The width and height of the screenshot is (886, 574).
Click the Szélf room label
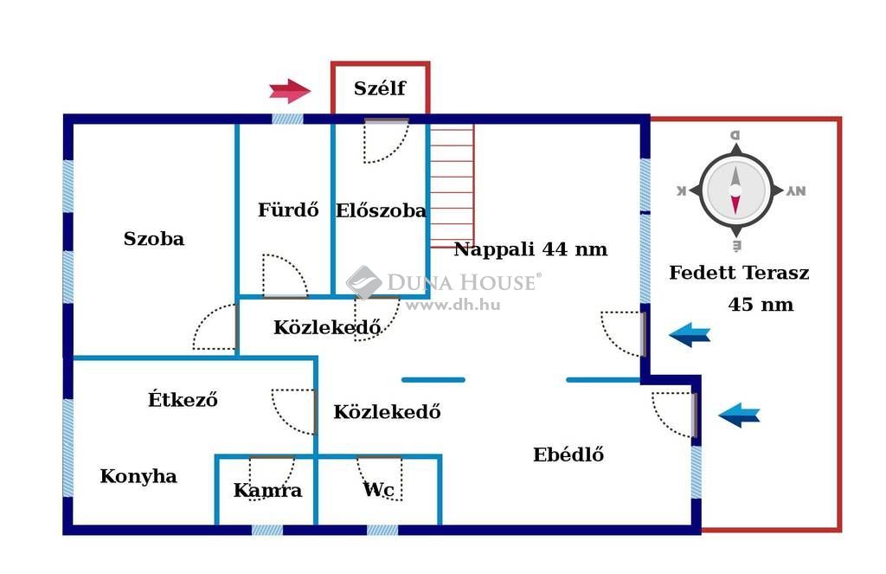[380, 88]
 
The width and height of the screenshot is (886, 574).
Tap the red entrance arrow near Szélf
[290, 91]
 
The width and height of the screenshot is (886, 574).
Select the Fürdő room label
[288, 210]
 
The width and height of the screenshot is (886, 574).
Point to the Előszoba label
[381, 210]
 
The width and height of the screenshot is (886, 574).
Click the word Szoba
[154, 239]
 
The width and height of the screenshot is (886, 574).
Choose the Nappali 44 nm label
[530, 248]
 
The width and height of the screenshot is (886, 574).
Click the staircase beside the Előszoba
[452, 185]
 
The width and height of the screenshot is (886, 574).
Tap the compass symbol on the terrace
[735, 190]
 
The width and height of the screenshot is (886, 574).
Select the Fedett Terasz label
[739, 273]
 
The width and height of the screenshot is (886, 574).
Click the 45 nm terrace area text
[761, 305]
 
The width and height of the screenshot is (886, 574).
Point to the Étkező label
[183, 399]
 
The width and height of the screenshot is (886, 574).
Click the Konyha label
[138, 476]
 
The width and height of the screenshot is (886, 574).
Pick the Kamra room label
[268, 490]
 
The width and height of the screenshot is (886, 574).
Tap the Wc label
[379, 489]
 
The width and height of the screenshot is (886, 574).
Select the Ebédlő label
[568, 455]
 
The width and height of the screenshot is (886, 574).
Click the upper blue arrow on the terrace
[690, 334]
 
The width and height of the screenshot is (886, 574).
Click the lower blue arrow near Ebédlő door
[739, 415]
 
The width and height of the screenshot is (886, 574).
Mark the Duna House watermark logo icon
[364, 282]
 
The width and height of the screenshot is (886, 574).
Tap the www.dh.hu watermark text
[453, 305]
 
